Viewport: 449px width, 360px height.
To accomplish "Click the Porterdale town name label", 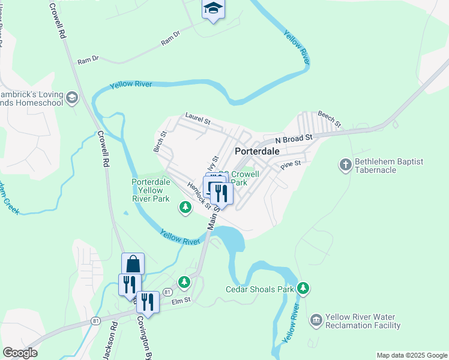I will click(x=257, y=151).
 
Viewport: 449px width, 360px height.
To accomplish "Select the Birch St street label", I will click(x=160, y=142).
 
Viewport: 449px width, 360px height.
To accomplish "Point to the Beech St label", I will click(x=329, y=119).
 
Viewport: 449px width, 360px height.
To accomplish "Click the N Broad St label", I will click(x=295, y=139).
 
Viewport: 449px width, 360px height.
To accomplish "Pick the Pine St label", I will click(x=289, y=164).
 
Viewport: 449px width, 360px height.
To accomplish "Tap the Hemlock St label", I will click(x=199, y=194).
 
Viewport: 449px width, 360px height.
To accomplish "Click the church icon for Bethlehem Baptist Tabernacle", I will click(x=345, y=165).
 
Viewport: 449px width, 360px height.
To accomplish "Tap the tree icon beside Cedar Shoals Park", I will click(x=304, y=289).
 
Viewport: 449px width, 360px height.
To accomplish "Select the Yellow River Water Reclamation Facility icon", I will click(x=316, y=321).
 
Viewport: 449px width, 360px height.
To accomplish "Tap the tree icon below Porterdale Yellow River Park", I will click(x=185, y=208).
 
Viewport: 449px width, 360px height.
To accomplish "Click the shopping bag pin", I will click(x=133, y=264).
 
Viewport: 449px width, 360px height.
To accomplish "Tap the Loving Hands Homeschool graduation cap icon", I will click(x=72, y=98).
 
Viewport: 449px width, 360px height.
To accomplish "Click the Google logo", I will click(x=20, y=353).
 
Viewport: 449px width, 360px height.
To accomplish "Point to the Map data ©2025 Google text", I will click(x=411, y=355).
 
